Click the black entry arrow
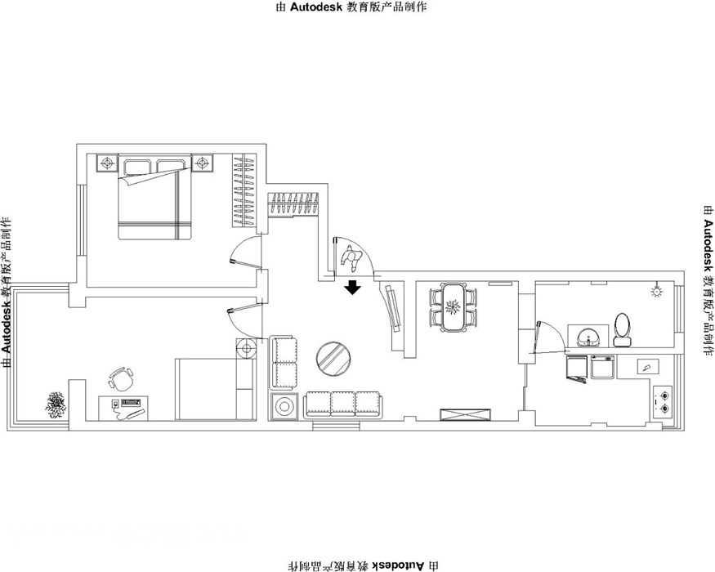[352, 288]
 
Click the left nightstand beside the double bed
[107, 163]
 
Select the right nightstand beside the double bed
[203, 163]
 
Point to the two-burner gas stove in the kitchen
[663, 401]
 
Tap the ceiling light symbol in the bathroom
[656, 291]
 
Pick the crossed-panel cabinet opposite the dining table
[466, 413]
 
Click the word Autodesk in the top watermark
[316, 7]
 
